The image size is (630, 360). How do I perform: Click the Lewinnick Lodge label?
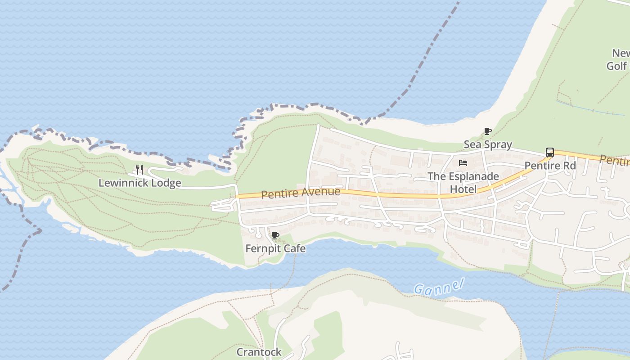[x=139, y=183]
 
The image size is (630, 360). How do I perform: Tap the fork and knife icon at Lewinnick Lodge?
[x=139, y=170]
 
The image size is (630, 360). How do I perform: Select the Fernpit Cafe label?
[x=275, y=248]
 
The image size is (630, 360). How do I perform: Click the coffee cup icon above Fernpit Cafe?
[x=275, y=235]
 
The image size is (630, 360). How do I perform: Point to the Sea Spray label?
[x=488, y=144]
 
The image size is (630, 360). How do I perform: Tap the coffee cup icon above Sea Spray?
[x=487, y=131]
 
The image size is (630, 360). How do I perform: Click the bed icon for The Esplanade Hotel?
[x=463, y=163]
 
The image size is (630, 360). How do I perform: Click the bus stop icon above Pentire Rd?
[x=549, y=153]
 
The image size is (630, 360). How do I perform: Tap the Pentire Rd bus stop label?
[x=550, y=166]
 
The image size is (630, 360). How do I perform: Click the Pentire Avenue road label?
[x=301, y=193]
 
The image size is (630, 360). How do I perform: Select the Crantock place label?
[x=259, y=352]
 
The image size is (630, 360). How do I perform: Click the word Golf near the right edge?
[x=616, y=66]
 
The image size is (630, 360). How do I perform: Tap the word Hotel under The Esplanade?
[x=463, y=189]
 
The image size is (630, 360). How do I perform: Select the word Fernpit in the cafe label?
[x=263, y=248]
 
